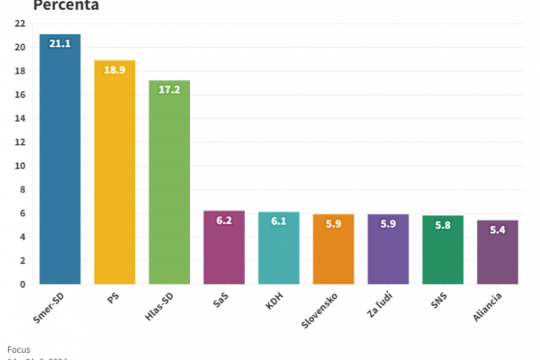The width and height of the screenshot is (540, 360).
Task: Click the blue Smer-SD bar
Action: coord(60,162)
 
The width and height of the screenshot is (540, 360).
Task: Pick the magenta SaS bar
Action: coord(223,252)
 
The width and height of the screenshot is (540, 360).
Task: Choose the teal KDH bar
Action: coord(278,252)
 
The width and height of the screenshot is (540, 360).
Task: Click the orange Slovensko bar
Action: coord(333,254)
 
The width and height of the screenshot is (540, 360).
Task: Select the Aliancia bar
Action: coord(497,256)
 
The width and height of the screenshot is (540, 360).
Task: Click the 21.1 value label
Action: coord(60,43)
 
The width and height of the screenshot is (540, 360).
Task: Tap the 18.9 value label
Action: coord(114,69)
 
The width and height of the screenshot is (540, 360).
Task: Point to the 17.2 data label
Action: coord(169,90)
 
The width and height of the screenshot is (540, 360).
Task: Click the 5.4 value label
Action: coord(497,229)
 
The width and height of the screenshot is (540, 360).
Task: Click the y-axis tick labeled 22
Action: coord(19,24)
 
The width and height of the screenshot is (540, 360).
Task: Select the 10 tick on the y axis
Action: coord(19,166)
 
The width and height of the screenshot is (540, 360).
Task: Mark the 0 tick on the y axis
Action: coord(22,283)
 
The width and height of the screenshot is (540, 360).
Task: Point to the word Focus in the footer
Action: coord(18,348)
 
